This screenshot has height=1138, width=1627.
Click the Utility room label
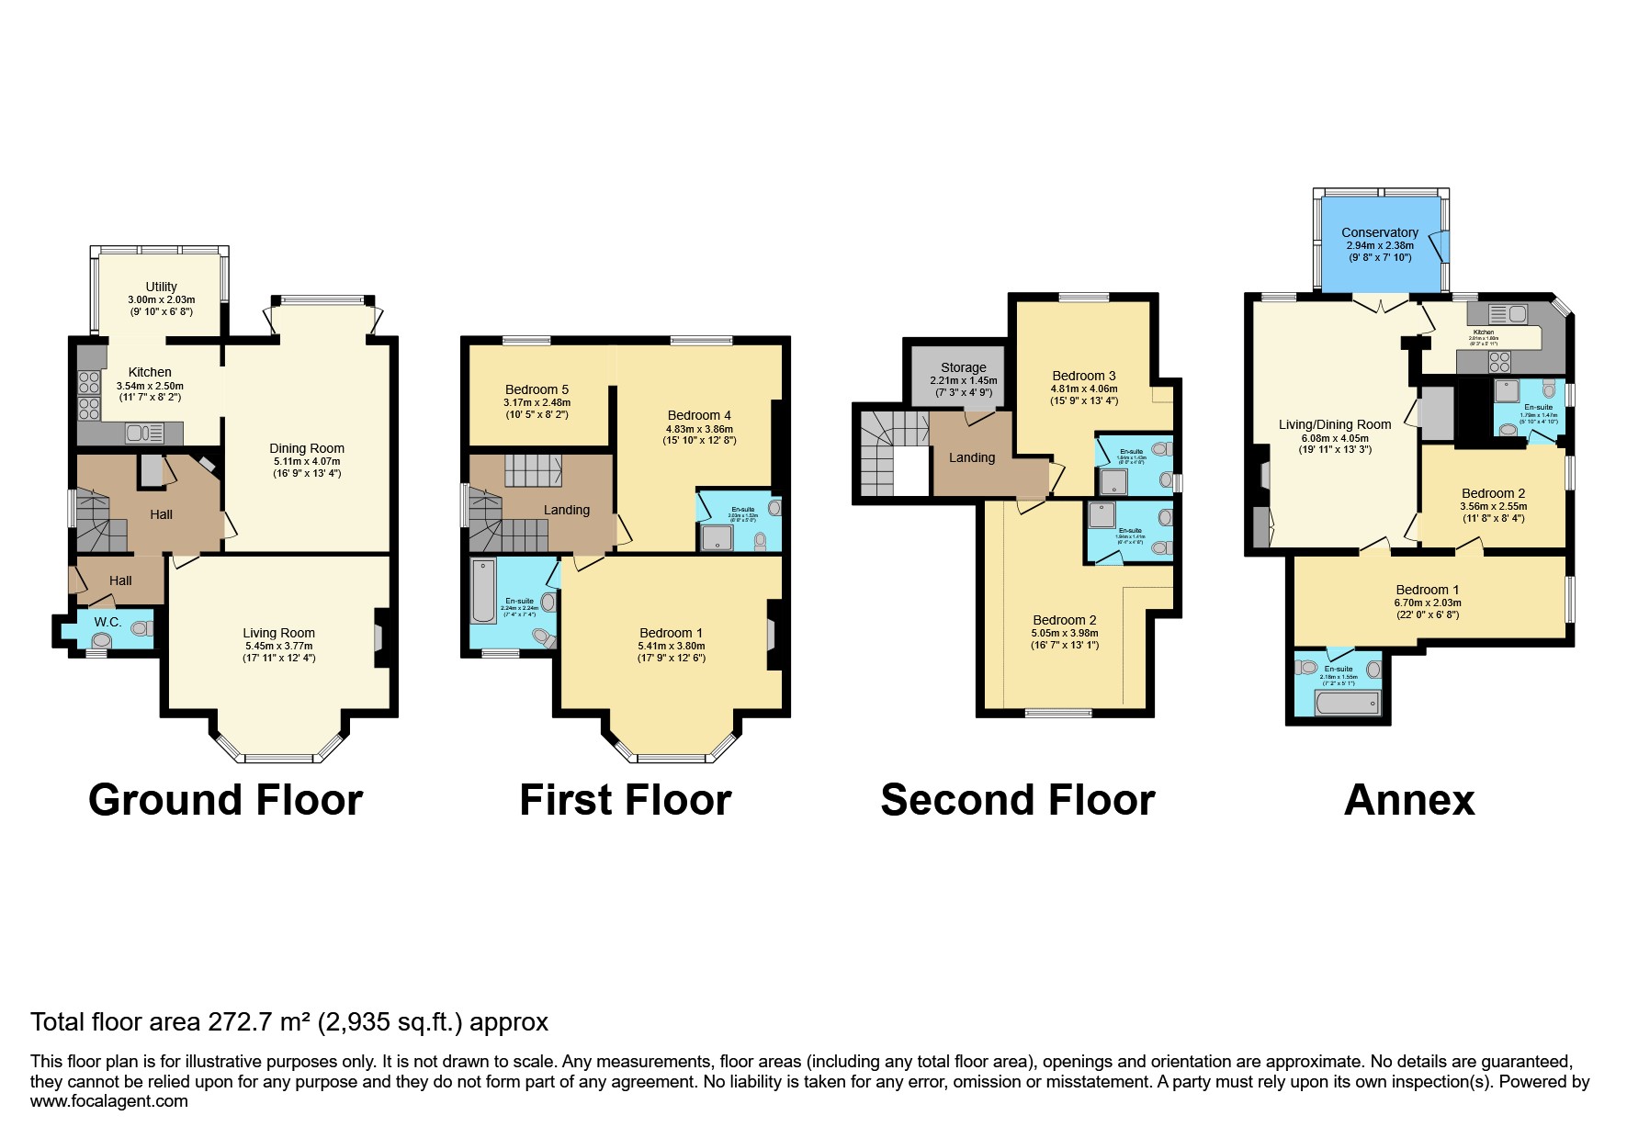point(161,287)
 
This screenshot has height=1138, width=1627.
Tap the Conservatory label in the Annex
point(1379,232)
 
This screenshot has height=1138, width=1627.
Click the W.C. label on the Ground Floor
point(107,622)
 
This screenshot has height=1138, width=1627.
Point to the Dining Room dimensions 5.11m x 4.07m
point(306,461)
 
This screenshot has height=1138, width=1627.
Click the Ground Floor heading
point(225,799)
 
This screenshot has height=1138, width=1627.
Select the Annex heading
point(1408,799)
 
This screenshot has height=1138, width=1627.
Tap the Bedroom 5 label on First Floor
point(537,389)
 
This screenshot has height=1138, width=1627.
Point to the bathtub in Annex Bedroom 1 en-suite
point(1347,703)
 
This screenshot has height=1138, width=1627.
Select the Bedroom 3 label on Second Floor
point(1083,376)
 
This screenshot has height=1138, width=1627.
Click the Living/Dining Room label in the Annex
point(1334,424)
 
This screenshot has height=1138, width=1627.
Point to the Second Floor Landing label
point(971,457)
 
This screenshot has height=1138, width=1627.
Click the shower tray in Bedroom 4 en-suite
point(717,537)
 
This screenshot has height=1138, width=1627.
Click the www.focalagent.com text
point(108,1100)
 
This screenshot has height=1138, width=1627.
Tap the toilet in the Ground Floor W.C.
point(141,628)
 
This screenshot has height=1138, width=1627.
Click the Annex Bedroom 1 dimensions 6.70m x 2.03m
point(1427,603)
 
